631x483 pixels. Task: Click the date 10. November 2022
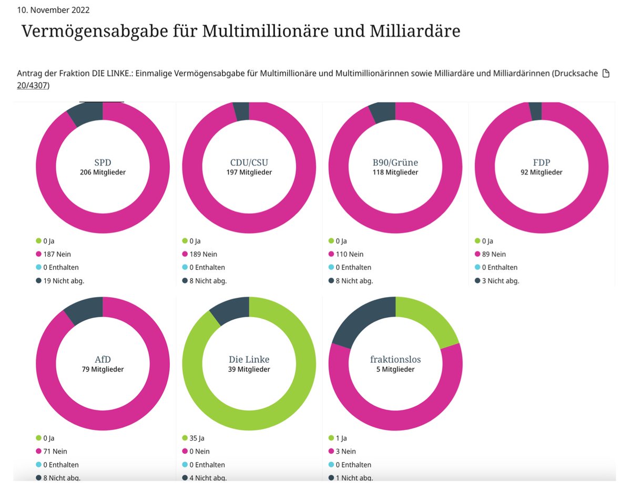pos(53,10)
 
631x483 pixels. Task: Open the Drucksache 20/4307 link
pos(33,85)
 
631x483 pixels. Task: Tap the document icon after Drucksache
pos(605,73)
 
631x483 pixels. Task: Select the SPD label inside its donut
pos(103,162)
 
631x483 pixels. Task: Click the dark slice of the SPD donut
pos(85,114)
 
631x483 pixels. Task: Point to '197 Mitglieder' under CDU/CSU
pos(249,172)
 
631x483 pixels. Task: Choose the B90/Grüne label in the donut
pos(395,162)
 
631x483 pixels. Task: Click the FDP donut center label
pos(541,162)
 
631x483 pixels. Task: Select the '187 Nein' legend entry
pos(56,254)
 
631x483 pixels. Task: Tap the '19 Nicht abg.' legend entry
pos(63,280)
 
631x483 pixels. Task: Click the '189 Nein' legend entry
pos(202,254)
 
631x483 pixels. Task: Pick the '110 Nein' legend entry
pos(349,254)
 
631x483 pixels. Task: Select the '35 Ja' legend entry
pos(198,438)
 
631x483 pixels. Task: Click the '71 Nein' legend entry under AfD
pos(55,451)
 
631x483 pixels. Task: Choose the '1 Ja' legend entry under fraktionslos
pos(342,438)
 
